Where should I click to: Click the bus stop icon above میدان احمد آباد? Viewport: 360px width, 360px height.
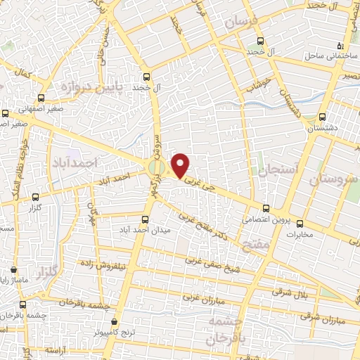(x=146, y=219)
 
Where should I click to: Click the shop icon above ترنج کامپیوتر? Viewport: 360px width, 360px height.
(x=115, y=321)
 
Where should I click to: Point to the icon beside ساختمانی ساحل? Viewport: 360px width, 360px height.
(x=341, y=45)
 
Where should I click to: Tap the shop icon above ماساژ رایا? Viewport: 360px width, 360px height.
(x=15, y=269)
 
